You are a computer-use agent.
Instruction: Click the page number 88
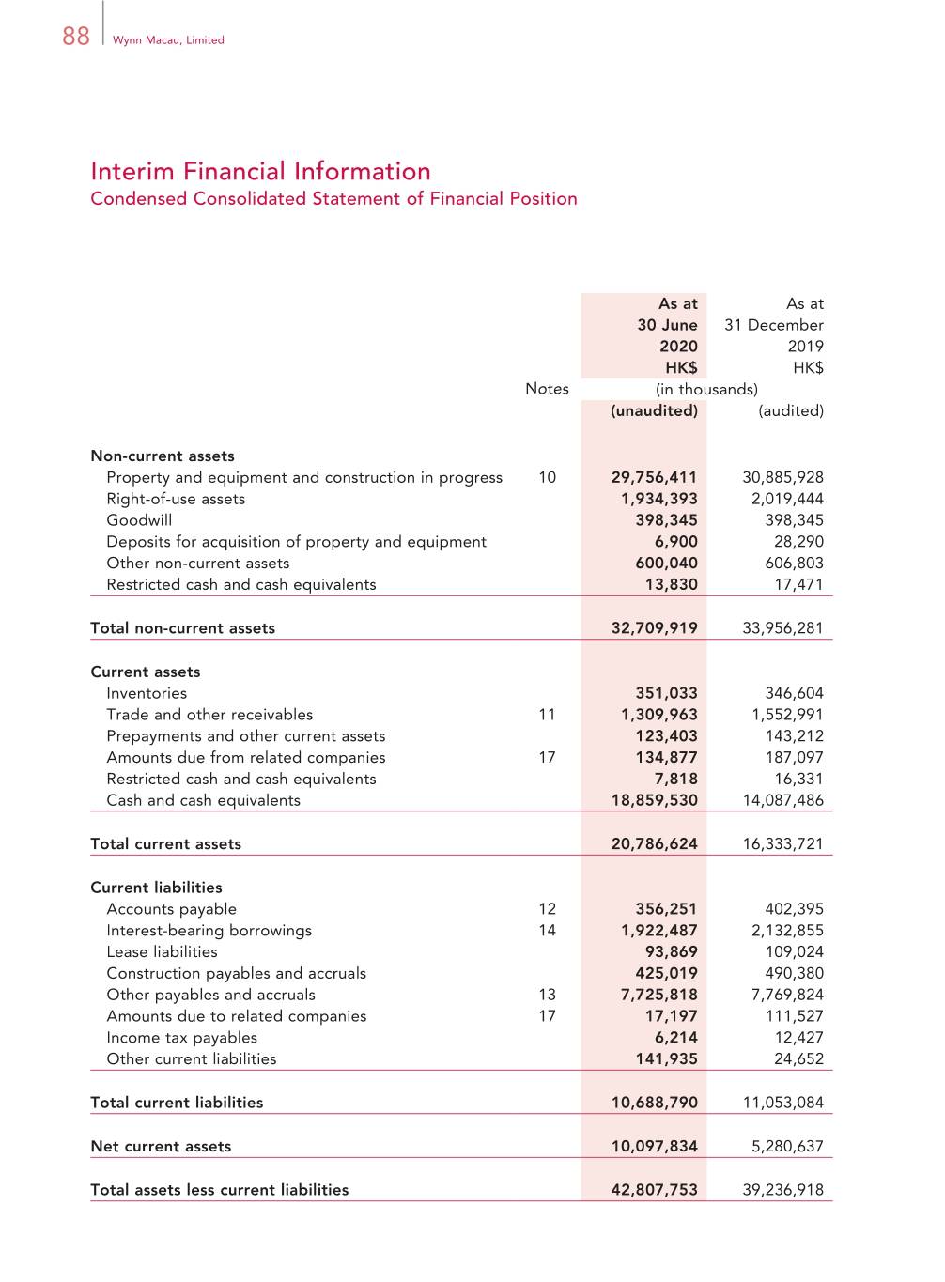76,36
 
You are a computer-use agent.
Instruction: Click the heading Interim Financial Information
260,171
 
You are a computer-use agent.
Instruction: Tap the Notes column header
547,389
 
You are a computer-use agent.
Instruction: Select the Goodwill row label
139,520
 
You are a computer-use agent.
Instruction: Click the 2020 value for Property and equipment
654,477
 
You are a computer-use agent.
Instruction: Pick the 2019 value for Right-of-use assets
786,499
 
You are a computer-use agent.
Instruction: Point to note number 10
547,477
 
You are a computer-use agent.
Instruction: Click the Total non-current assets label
182,628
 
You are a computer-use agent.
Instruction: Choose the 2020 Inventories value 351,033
666,693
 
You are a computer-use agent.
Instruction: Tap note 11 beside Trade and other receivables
547,715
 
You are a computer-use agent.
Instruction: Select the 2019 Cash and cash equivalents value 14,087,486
782,800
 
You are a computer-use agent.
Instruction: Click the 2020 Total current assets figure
654,843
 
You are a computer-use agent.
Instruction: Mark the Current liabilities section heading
156,888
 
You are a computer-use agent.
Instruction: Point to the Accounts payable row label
171,909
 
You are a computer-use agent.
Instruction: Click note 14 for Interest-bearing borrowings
547,931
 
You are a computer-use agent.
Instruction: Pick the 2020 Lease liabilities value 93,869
671,951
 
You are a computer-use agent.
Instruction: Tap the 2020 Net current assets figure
654,1146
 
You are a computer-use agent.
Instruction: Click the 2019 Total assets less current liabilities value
782,1190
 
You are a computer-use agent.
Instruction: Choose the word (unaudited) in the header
654,410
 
